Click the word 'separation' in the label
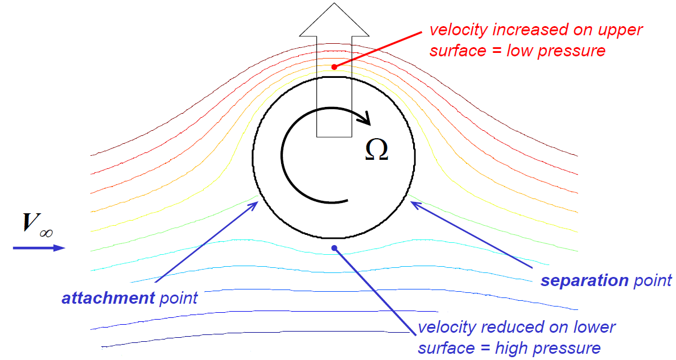pyautogui.click(x=584, y=280)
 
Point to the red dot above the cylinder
pyautogui.click(x=334, y=67)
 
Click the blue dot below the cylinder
pyautogui.click(x=335, y=247)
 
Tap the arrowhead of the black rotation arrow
pyautogui.click(x=366, y=118)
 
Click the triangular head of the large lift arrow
pyautogui.click(x=335, y=19)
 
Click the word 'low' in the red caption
pyautogui.click(x=529, y=51)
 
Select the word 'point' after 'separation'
pyautogui.click(x=653, y=280)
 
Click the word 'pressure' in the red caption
pyautogui.click(x=576, y=51)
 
